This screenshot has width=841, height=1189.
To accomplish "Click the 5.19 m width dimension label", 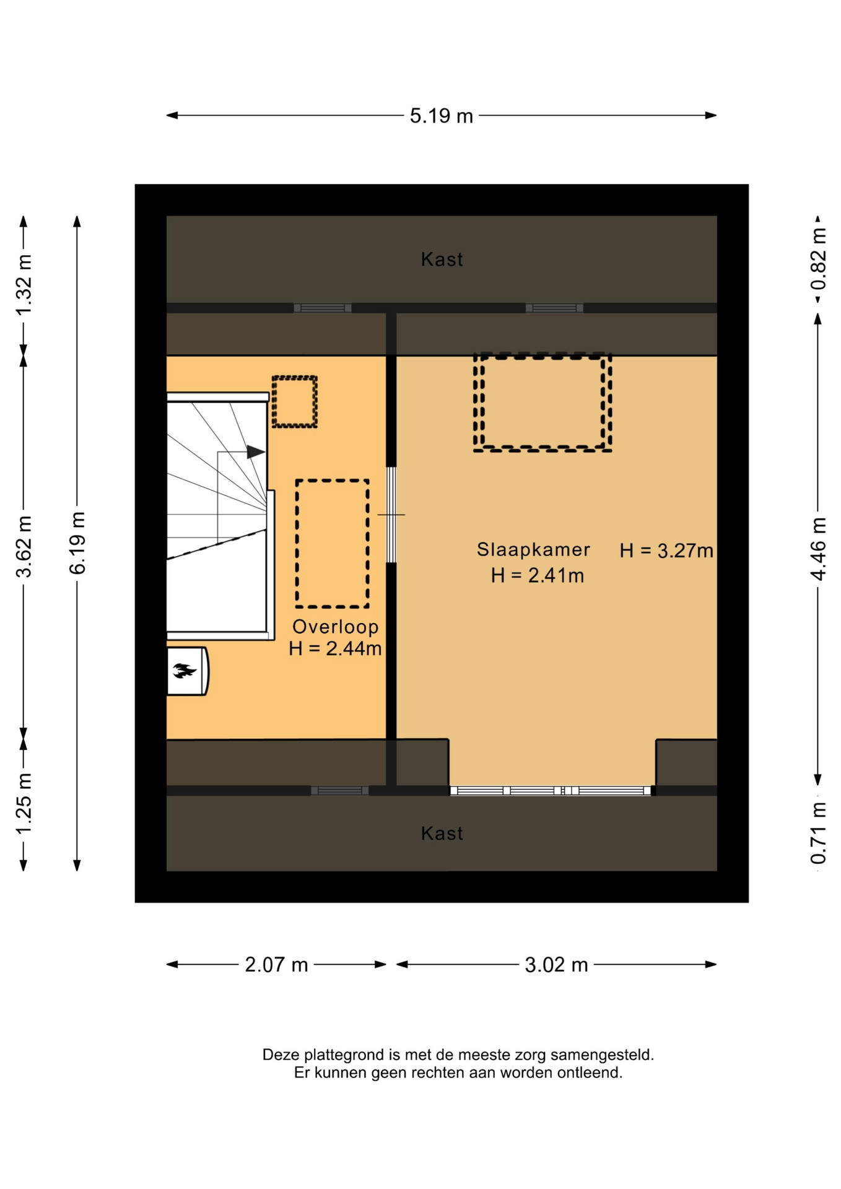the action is pos(441,116).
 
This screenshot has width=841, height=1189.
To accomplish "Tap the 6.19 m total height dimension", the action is pos(77,543).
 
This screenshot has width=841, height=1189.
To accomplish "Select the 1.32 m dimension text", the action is pos(24,285).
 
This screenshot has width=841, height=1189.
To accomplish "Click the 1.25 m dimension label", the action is pos(24,804).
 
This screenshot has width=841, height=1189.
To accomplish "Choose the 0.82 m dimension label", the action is pos(818,259).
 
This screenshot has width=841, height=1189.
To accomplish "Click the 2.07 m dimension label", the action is pos(276,965).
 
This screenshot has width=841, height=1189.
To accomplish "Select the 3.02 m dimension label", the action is pos(556,965).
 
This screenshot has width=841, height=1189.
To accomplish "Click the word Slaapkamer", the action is pos(533,549).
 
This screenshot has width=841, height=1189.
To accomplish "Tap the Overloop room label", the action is pos(335,627).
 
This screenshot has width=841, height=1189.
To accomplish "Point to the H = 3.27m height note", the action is pos(666,551).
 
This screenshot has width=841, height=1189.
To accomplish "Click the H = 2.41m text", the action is pos(538,576).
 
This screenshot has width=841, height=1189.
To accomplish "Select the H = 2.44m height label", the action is pos(335,649).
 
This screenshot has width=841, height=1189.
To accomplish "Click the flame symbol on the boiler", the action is pos(184,670).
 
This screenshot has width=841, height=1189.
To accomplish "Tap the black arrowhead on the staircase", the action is pos(256,452).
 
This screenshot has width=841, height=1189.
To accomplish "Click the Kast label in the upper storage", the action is pos(442,259).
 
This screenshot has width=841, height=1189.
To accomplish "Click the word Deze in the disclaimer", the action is pos(281,1055).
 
